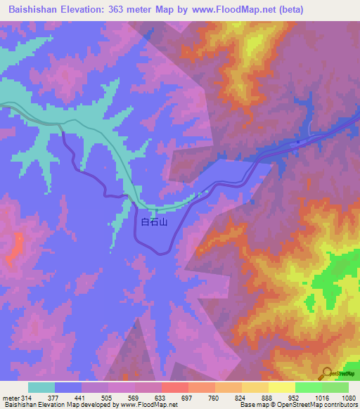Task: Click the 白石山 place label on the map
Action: (x=153, y=223)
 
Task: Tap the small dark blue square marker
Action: (x=298, y=141)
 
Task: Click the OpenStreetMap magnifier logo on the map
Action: (x=328, y=373)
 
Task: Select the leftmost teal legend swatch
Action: (x=41, y=387)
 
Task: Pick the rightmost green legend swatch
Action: (x=335, y=387)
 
